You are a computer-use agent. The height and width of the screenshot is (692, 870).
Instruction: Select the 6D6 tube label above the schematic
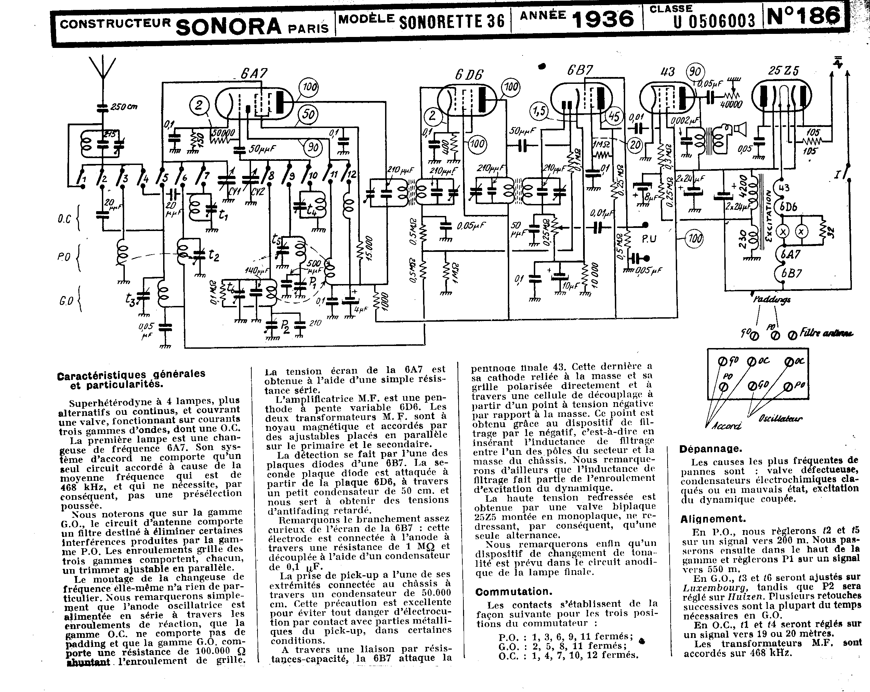(469, 75)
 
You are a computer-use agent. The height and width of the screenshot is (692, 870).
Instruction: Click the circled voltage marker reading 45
(614, 117)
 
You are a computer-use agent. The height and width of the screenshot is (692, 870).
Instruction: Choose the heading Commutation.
(514, 592)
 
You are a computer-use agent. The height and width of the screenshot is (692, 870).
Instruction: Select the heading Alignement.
(713, 519)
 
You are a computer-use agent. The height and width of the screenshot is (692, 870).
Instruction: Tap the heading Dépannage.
(711, 449)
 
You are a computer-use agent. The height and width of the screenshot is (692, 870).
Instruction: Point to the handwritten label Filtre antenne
(826, 333)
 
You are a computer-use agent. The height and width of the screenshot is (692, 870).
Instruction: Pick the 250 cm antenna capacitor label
(124, 107)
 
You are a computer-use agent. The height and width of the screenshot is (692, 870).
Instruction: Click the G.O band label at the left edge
(65, 301)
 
